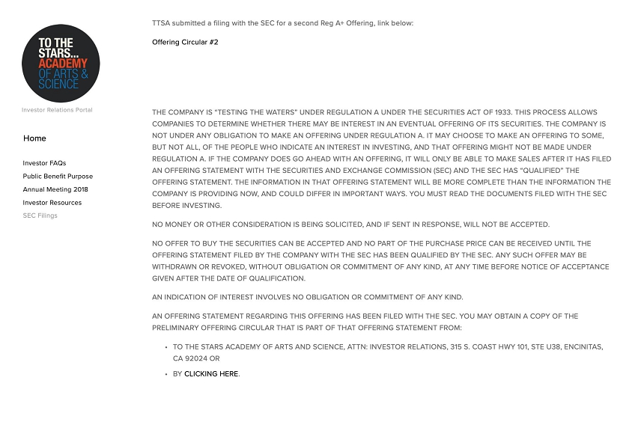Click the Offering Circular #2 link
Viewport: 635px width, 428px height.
click(185, 43)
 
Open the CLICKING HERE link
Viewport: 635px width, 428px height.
click(211, 374)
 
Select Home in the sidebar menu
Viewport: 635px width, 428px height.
click(34, 138)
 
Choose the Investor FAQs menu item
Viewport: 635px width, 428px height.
click(44, 163)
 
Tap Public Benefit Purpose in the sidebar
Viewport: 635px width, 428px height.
click(58, 177)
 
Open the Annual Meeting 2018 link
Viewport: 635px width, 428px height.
click(55, 190)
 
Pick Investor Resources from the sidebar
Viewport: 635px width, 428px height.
click(52, 203)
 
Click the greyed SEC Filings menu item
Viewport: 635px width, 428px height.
click(40, 215)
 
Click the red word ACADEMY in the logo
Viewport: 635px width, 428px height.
click(63, 63)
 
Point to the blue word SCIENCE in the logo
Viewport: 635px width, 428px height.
click(58, 84)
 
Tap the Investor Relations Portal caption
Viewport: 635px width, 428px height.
click(57, 110)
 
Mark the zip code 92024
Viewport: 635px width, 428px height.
click(191, 359)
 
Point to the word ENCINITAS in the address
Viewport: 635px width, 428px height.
click(580, 347)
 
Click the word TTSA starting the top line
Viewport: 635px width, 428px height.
click(161, 23)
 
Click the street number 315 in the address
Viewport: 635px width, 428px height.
click(456, 347)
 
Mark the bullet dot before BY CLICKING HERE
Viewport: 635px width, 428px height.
click(165, 374)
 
